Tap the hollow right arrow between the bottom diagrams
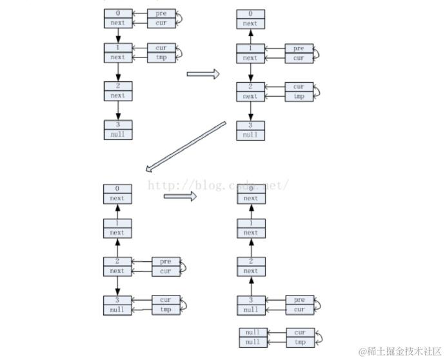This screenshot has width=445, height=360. [x=179, y=196]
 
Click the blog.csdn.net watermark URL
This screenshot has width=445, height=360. [x=217, y=186]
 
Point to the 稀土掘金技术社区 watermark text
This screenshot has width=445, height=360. [x=398, y=352]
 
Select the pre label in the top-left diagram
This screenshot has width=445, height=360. [x=161, y=14]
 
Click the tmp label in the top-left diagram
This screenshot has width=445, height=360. [x=161, y=57]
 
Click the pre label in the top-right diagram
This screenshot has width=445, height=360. [x=299, y=49]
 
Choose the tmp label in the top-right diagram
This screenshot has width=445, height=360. [x=299, y=97]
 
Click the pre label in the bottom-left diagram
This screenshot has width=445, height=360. [x=166, y=261]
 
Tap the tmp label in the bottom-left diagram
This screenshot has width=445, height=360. [x=166, y=310]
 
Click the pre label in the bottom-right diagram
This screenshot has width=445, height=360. [x=299, y=300]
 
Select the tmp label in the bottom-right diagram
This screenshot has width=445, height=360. [x=299, y=342]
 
